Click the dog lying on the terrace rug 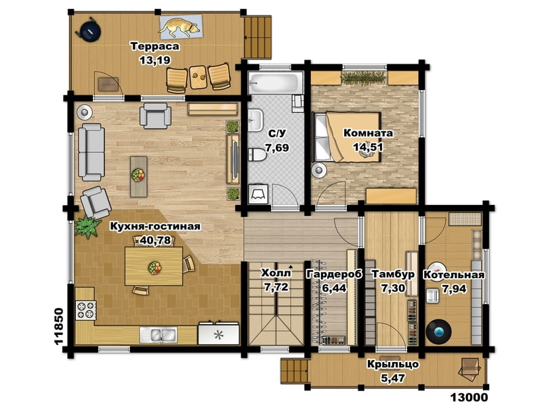tap(180, 27)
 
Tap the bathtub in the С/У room tap(276, 82)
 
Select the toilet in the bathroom tap(257, 156)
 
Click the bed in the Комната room tap(347, 137)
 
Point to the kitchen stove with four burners tap(86, 310)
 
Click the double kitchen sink tap(159, 334)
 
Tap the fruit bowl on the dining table tap(154, 267)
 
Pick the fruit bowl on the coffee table tap(138, 175)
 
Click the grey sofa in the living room tap(91, 152)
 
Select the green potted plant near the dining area tap(87, 227)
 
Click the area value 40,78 tap(154, 240)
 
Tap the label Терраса tap(155, 46)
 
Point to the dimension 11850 tap(59, 326)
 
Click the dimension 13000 tap(470, 398)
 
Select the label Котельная tap(454, 275)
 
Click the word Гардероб tap(334, 274)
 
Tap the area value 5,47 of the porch tap(393, 378)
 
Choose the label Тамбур tap(393, 274)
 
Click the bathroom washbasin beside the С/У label tap(255, 120)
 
